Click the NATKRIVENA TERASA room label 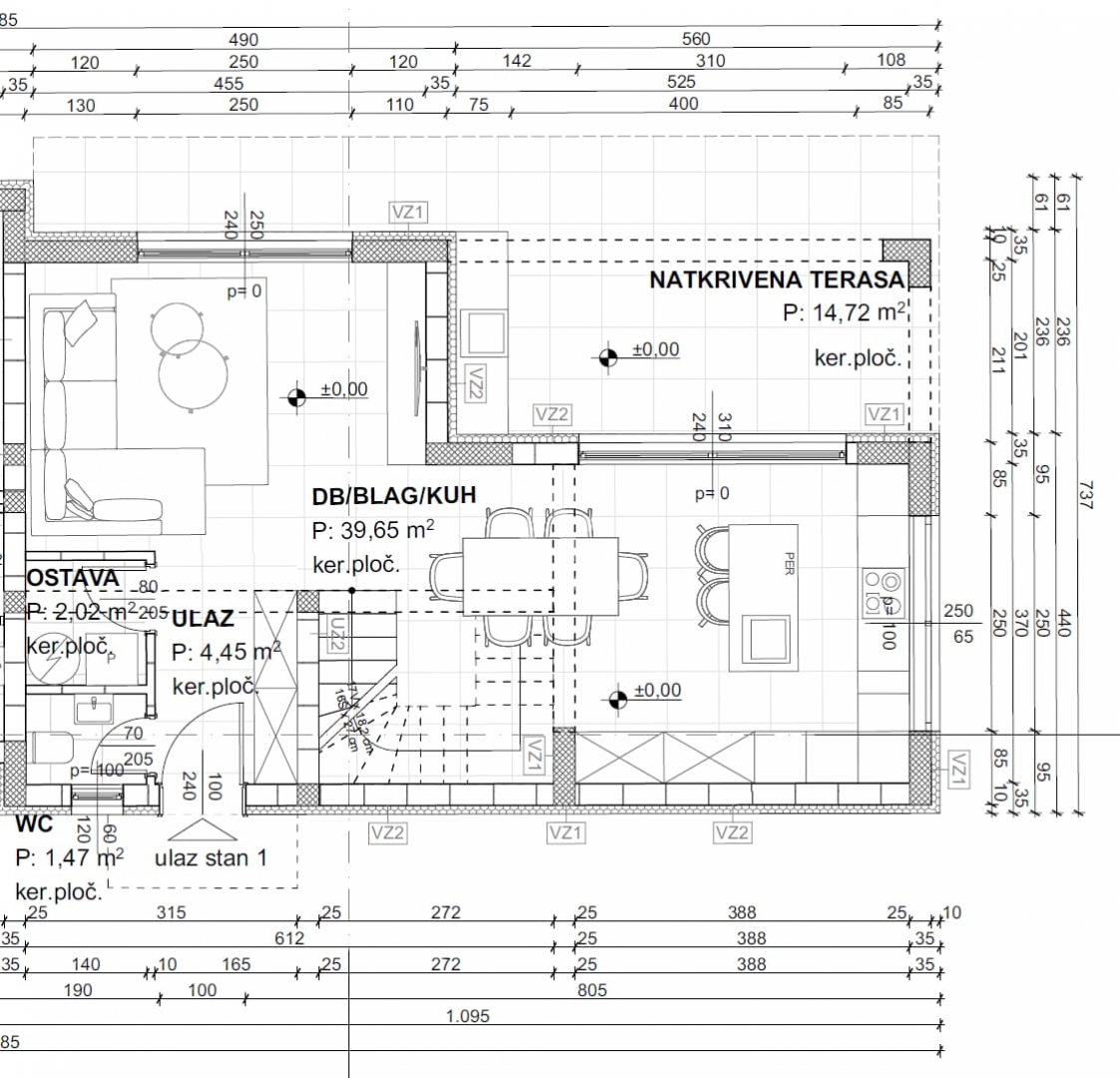(x=777, y=279)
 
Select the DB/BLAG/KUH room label (x=393, y=495)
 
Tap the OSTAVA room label (x=72, y=578)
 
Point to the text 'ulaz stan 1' (x=211, y=857)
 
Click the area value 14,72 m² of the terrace (x=844, y=312)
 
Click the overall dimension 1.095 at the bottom (x=468, y=1017)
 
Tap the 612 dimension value (x=289, y=938)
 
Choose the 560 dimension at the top (x=696, y=39)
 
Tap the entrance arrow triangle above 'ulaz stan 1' (x=204, y=830)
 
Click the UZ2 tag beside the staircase (x=335, y=632)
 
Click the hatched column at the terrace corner (x=905, y=263)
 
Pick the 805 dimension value (x=590, y=991)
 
